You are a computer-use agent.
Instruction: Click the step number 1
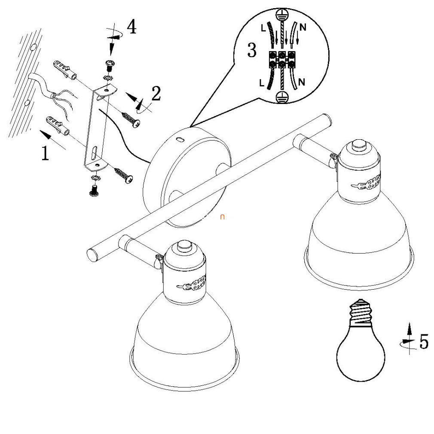click(45, 153)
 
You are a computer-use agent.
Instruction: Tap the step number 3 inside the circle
click(252, 50)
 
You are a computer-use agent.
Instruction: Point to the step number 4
click(131, 27)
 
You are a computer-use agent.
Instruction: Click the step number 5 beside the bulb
click(424, 341)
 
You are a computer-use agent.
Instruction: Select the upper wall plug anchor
click(64, 70)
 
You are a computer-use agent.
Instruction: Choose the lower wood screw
click(123, 175)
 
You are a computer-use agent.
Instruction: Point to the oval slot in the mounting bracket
click(95, 152)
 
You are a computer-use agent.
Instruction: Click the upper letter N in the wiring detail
click(303, 28)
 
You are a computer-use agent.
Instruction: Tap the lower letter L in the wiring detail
click(262, 83)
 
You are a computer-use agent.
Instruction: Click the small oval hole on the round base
click(180, 139)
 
